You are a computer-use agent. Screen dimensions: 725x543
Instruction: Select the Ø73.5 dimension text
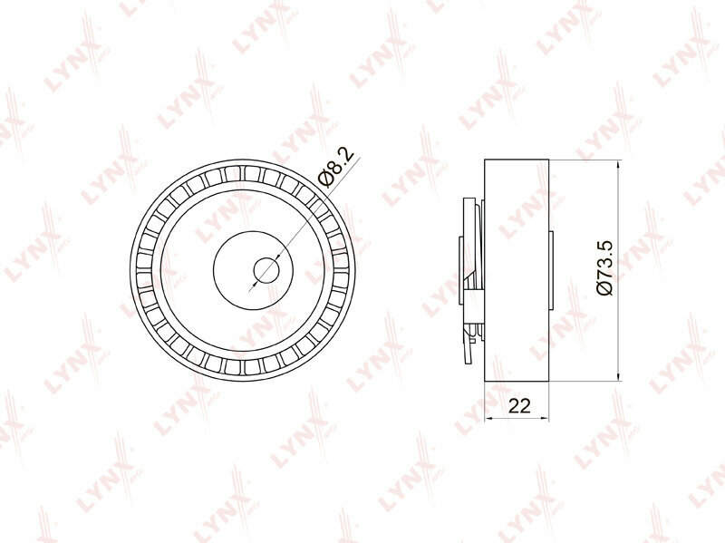(x=604, y=267)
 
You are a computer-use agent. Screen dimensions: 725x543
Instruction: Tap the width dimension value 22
(x=518, y=406)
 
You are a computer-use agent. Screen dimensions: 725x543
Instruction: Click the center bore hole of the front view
(x=266, y=269)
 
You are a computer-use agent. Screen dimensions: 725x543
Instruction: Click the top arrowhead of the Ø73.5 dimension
(x=619, y=164)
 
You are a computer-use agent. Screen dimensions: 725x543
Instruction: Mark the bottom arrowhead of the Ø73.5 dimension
(x=619, y=377)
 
